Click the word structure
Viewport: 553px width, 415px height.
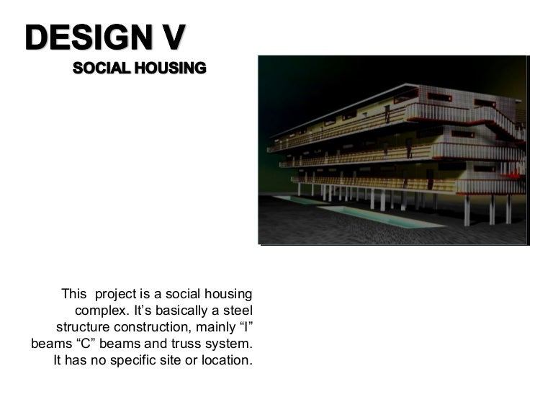pos(84,327)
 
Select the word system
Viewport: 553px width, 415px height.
pos(229,344)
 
